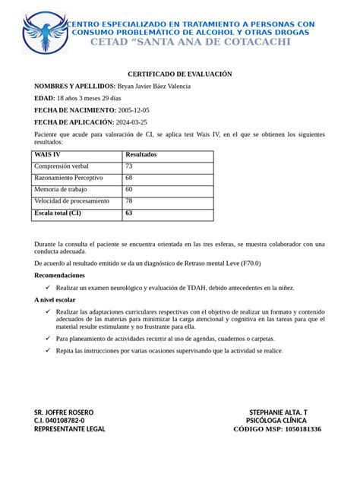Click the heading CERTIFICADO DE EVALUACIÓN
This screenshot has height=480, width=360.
[x=179, y=74]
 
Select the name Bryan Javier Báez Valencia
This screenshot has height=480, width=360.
[x=154, y=86]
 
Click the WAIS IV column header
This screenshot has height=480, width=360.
[x=48, y=154]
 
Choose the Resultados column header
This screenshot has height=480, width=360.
[x=141, y=154]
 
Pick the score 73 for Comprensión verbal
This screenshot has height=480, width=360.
[x=129, y=166]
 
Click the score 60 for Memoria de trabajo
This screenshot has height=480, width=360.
[x=129, y=189]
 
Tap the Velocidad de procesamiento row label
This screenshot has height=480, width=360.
[x=72, y=201]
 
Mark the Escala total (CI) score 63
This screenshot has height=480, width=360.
[x=129, y=213]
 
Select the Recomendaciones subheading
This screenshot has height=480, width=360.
[x=60, y=275]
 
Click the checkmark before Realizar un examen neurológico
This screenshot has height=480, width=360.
[x=48, y=288]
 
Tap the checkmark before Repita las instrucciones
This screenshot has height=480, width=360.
[x=48, y=350]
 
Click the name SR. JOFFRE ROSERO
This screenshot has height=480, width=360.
[x=64, y=412]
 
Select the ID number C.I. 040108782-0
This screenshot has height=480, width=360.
[x=59, y=421]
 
